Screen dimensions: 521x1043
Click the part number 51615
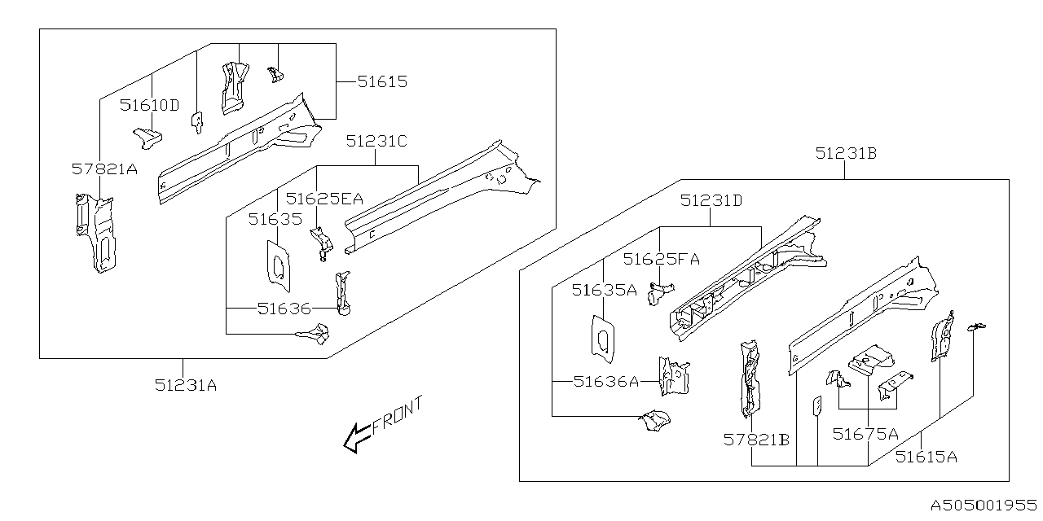coord(381,81)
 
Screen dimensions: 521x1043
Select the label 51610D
coord(149,105)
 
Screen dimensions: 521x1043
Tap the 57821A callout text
coord(104,169)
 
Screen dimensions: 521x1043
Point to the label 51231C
coord(376,141)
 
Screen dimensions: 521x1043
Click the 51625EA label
coord(324,198)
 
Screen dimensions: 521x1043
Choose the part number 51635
coord(275,218)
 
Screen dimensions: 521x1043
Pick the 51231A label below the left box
coord(186,386)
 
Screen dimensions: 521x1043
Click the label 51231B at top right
coord(846,153)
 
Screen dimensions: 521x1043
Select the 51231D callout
coord(711,200)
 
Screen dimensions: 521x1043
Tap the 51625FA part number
coord(662,259)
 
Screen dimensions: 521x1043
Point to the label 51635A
coord(604,289)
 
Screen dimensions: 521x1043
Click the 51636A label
coord(605,381)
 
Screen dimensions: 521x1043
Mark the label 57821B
coord(756,440)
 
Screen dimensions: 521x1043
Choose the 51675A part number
coord(865,434)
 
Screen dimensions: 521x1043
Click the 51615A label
coord(926,457)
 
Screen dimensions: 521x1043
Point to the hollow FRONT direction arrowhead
coord(354,440)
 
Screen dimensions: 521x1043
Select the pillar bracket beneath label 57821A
coord(93,232)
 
